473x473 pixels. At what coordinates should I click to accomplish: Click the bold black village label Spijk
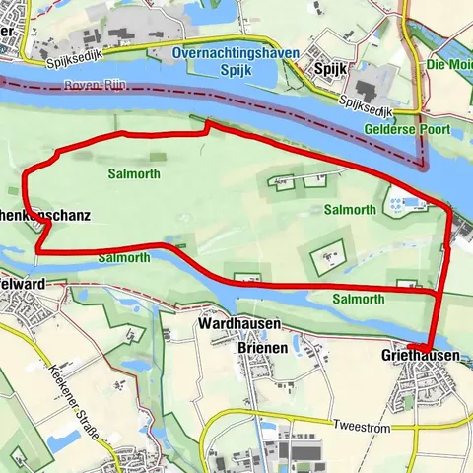click(326, 70)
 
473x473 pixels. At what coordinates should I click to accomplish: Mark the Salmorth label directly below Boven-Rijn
click(134, 173)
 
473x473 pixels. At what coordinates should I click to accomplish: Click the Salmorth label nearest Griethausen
click(358, 299)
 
